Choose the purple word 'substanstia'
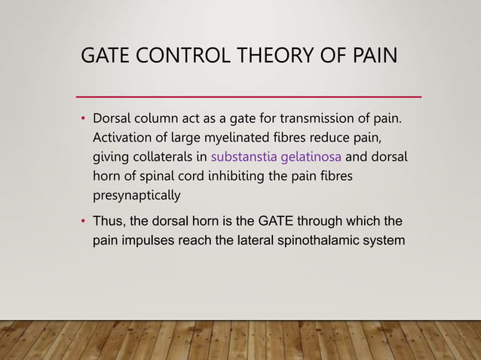coord(247,157)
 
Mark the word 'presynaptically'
coord(136,197)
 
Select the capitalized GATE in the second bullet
coord(276,222)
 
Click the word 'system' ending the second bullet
coord(384,242)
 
